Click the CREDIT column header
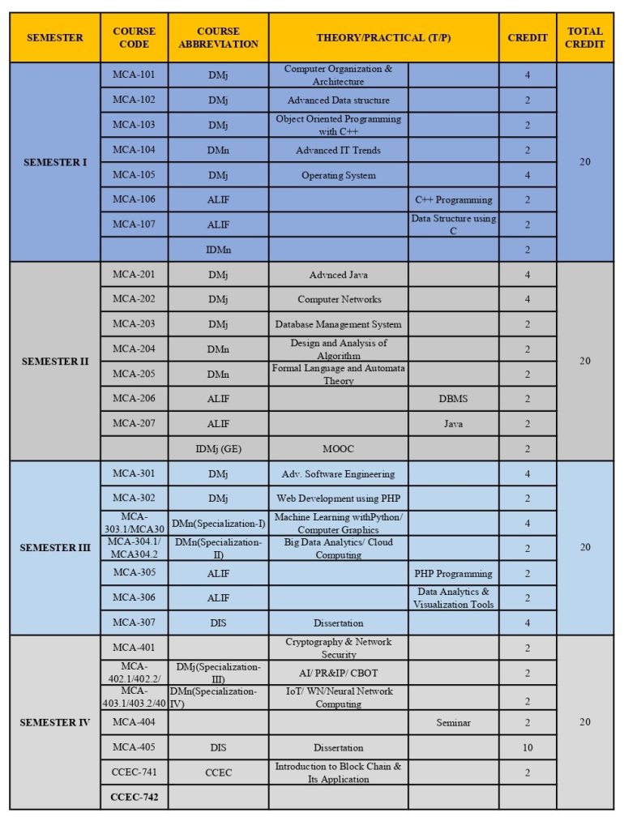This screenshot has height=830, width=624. (528, 37)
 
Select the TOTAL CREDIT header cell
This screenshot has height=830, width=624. (585, 37)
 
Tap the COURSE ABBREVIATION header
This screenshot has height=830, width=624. (218, 37)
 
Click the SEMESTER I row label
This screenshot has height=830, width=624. (55, 162)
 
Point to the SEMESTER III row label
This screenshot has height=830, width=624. (55, 547)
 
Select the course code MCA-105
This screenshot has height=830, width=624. (135, 174)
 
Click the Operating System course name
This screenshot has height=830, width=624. (339, 175)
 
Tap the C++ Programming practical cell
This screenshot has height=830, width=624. (453, 199)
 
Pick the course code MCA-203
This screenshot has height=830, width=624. (135, 323)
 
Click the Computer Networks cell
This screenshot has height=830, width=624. (339, 299)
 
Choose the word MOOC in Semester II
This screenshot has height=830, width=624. (339, 448)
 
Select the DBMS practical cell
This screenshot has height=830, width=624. (453, 399)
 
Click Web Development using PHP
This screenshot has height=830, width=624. (339, 498)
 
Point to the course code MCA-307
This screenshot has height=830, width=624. (135, 622)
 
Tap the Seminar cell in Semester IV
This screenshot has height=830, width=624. (453, 722)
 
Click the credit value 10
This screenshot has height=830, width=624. (528, 747)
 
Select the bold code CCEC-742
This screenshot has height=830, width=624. (135, 798)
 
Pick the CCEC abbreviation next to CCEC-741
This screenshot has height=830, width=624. (218, 772)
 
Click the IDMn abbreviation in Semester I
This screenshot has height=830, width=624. (218, 250)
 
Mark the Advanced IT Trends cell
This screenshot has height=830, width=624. (339, 150)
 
